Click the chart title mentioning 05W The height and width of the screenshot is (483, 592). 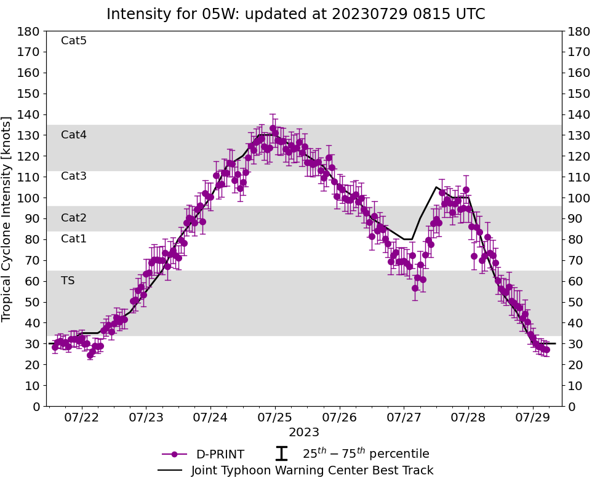[295, 14]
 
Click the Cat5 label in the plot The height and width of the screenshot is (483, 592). [74, 41]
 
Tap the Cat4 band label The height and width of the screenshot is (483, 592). [74, 135]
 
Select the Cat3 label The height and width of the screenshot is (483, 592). [74, 177]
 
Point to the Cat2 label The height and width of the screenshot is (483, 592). [74, 218]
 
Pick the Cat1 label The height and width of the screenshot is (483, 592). [74, 239]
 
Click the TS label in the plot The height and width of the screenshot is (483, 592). [68, 281]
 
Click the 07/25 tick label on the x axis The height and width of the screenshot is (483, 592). [274, 418]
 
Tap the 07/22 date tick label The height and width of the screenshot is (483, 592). [82, 418]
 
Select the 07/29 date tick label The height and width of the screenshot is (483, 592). [532, 418]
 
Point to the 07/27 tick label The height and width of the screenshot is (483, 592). [404, 418]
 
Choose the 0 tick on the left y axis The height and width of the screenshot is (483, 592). [38, 407]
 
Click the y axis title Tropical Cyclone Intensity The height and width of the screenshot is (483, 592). [7, 218]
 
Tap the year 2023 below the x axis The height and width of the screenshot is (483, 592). [304, 432]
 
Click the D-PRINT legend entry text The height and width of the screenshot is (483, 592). [220, 455]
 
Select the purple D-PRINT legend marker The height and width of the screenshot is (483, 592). [174, 455]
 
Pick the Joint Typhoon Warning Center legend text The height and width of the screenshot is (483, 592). [312, 471]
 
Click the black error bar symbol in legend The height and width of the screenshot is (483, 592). [281, 454]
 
